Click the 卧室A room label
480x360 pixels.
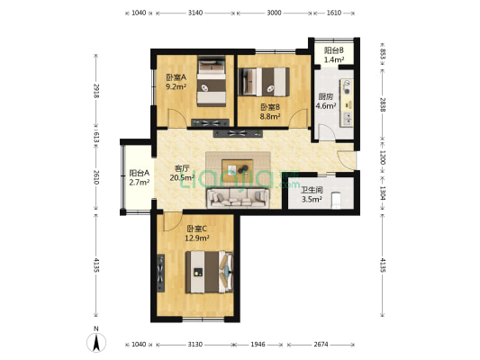(176, 78)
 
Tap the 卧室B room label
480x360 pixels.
(269, 106)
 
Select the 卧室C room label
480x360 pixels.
(197, 228)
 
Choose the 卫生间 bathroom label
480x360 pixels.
(312, 191)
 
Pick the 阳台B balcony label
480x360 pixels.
(334, 49)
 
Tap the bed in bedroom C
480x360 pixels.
(210, 271)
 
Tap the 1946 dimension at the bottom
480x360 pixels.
(259, 345)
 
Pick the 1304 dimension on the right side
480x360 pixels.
(383, 192)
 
